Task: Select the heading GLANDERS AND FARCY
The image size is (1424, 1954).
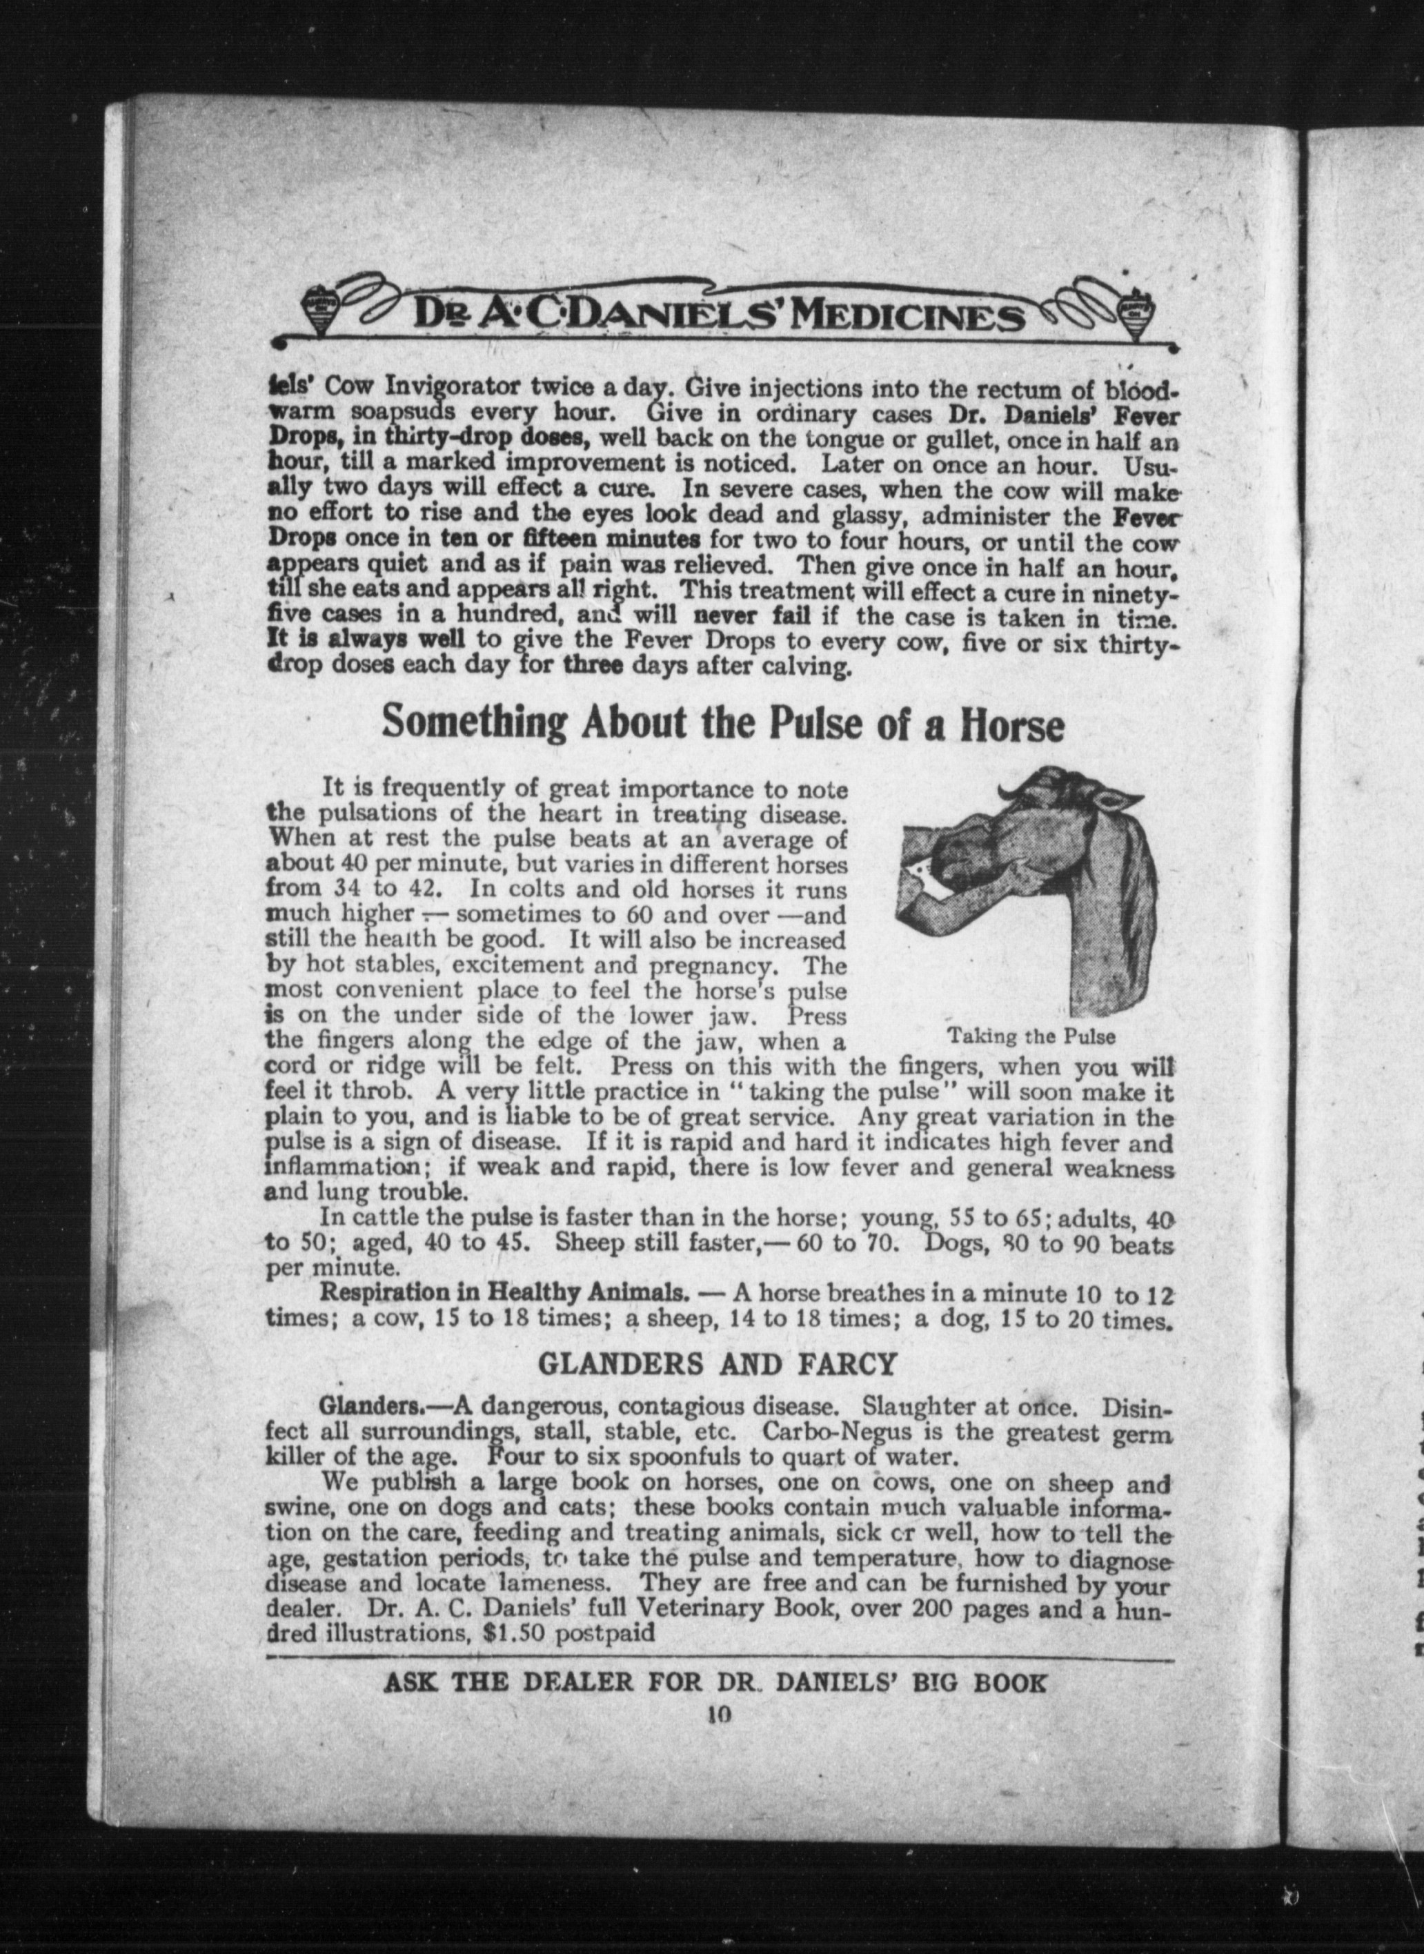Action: tap(717, 1363)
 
